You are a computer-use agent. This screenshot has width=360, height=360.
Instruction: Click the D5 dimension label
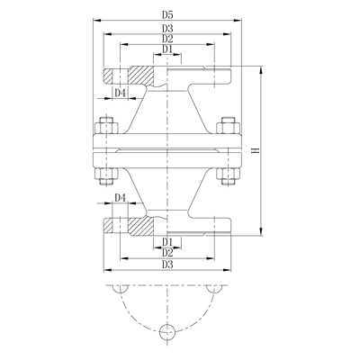tap(166, 14)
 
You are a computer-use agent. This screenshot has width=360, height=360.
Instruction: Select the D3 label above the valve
tap(166, 29)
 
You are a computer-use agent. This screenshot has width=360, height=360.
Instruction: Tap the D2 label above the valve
tap(166, 40)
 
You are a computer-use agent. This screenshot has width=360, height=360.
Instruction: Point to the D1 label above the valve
tap(166, 50)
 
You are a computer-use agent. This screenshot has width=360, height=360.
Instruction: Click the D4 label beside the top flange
tap(121, 93)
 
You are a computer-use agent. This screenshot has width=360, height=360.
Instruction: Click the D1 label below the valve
tap(166, 242)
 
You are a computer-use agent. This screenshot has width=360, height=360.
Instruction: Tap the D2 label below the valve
tap(166, 253)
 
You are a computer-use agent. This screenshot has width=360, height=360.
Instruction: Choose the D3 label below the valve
tap(166, 265)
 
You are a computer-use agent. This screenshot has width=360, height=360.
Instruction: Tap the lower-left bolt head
tap(104, 176)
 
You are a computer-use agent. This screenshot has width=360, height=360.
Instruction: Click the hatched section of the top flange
tap(135, 75)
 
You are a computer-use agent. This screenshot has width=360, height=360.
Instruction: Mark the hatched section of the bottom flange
tap(135, 225)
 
